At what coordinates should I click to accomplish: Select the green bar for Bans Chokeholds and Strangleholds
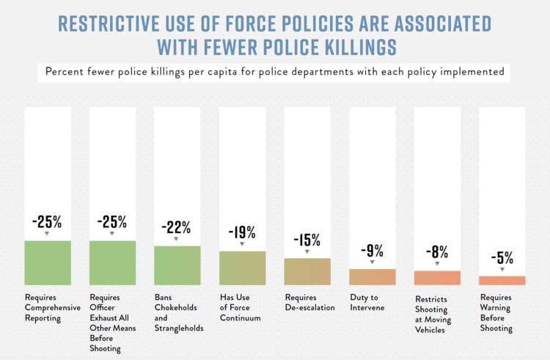coord(177,265)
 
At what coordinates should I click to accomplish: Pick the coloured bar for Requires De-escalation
coord(307,271)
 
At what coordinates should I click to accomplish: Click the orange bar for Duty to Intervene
coord(372,276)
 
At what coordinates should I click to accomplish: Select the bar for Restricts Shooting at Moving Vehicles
coord(437,278)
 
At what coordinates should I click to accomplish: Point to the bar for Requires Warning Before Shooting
coord(502,280)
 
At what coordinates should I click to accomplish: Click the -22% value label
coord(177,227)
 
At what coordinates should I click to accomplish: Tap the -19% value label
coord(242,232)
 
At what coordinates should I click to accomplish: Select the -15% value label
coord(307,239)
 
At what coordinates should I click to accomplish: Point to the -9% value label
coord(372,250)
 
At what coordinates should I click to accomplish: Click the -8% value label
coord(437,252)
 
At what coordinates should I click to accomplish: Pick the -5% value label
coord(502,257)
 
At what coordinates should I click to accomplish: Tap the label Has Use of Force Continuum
coord(241,308)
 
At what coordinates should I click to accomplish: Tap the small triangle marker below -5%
coord(502,269)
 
